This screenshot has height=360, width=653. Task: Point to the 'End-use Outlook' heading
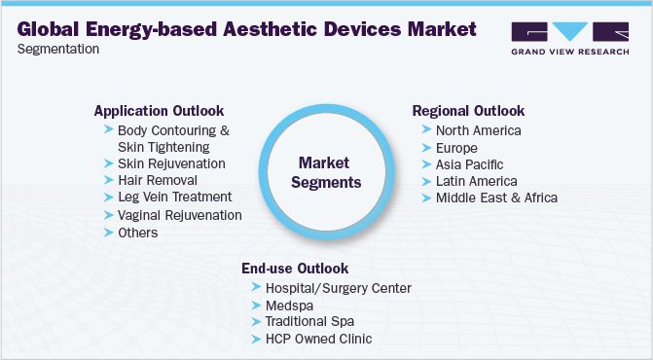pyautogui.click(x=295, y=268)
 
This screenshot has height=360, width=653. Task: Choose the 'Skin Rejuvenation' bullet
pyautogui.click(x=171, y=163)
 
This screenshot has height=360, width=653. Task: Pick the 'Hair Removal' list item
pyautogui.click(x=157, y=180)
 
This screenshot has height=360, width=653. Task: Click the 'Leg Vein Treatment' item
pyautogui.click(x=175, y=198)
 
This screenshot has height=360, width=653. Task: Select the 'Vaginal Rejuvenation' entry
pyautogui.click(x=179, y=215)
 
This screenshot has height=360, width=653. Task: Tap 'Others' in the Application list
pyautogui.click(x=137, y=233)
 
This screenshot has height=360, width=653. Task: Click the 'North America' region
pyautogui.click(x=478, y=130)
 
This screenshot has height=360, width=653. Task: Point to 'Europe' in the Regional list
pyautogui.click(x=456, y=148)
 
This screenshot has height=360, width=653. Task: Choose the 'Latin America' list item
pyautogui.click(x=476, y=181)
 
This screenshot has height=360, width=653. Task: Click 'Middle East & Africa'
pyautogui.click(x=496, y=198)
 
